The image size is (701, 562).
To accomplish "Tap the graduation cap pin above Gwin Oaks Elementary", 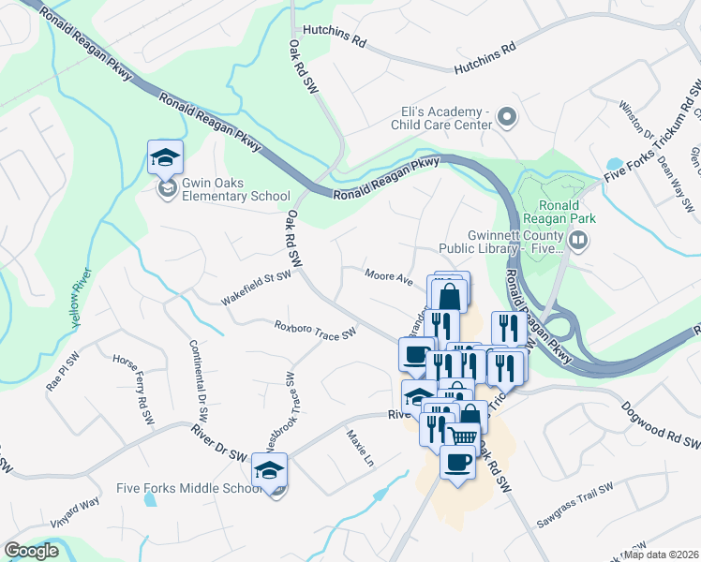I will (165, 158).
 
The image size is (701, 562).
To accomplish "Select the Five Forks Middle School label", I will (187, 488).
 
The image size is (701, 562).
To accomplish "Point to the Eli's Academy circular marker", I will (507, 118).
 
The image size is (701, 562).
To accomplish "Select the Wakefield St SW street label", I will (257, 288).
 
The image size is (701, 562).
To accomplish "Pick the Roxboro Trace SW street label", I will (315, 331).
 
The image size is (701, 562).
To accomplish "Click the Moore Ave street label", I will (390, 278).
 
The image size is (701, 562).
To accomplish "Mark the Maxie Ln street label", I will (359, 449).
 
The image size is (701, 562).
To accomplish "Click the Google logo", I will (32, 551).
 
